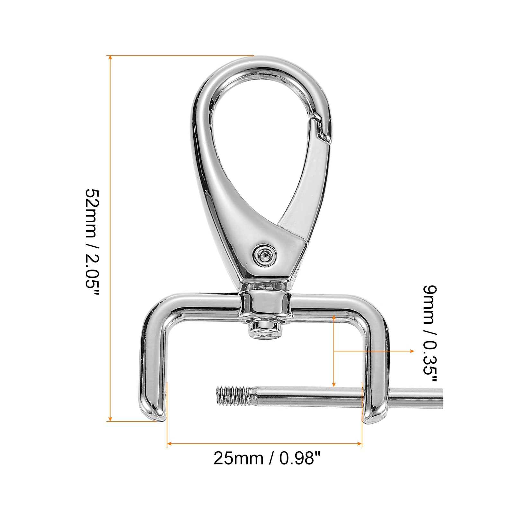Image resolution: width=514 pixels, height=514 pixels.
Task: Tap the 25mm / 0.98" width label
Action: (267, 458)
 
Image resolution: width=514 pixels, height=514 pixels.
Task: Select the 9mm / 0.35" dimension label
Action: (430, 334)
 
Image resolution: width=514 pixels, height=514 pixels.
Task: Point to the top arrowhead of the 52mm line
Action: (110, 58)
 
